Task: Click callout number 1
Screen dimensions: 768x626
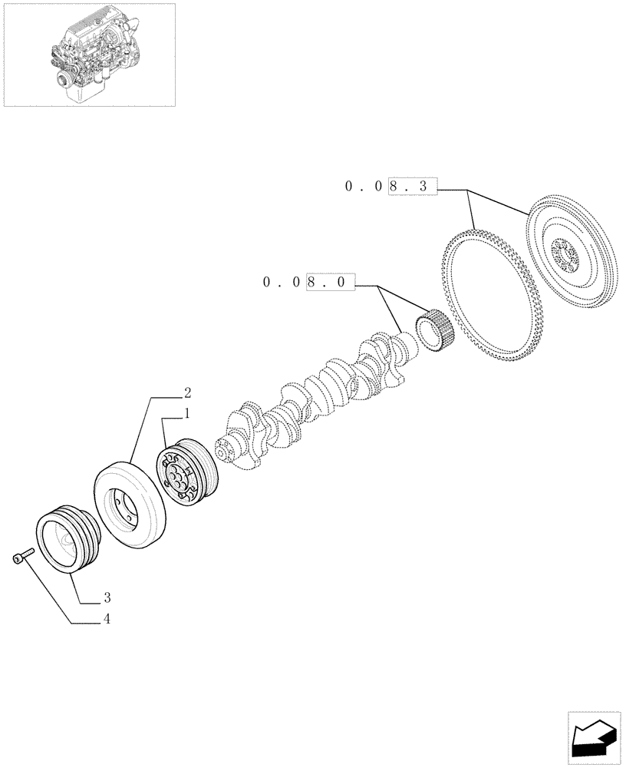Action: point(186,414)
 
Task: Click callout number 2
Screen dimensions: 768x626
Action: point(186,392)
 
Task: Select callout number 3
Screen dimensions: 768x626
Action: point(107,598)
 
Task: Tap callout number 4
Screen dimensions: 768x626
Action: point(107,620)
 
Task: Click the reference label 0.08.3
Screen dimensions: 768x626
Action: point(390,185)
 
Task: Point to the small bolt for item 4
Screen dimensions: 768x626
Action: point(21,557)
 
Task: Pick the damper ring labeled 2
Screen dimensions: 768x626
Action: point(130,502)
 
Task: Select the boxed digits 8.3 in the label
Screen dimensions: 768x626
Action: point(412,185)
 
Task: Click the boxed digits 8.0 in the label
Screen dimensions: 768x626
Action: point(331,283)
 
